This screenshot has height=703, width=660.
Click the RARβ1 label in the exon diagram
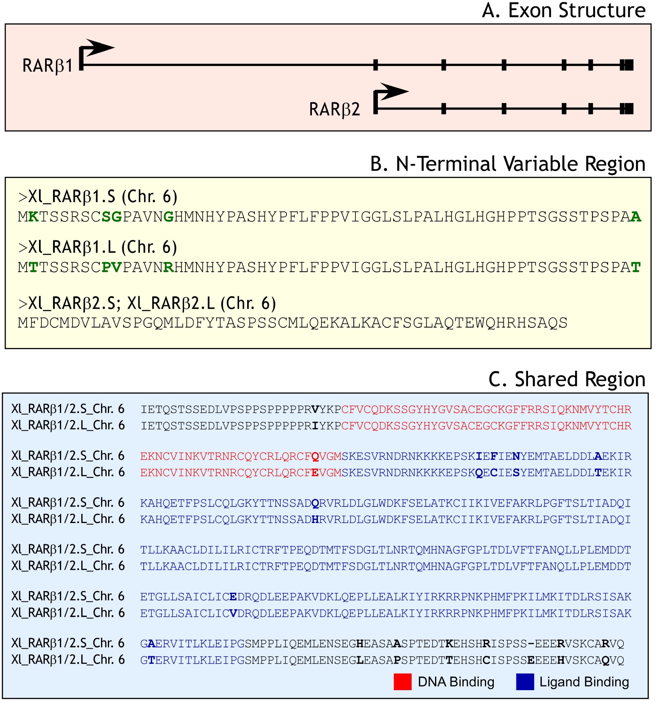[47, 66]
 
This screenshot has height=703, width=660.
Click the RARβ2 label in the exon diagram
[334, 109]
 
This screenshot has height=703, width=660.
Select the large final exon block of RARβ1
[627, 65]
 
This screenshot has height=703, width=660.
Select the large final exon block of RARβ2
[627, 108]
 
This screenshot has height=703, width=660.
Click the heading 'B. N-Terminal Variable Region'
[507, 164]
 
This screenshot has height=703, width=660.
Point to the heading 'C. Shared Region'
[567, 379]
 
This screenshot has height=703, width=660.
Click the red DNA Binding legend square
[402, 682]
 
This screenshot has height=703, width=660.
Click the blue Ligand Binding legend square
[525, 682]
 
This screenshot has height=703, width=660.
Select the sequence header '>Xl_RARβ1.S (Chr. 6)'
[97, 196]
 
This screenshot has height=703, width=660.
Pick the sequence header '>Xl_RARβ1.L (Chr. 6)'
[97, 247]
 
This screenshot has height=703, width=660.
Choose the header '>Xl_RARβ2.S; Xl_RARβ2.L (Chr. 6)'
[147, 303]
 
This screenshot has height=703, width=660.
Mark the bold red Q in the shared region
[315, 456]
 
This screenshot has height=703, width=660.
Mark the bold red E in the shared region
[315, 473]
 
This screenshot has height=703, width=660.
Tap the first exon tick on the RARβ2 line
[443, 108]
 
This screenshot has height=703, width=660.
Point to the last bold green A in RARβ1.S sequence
[636, 217]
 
